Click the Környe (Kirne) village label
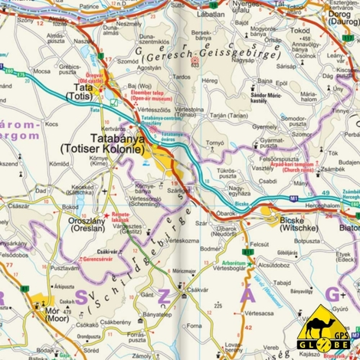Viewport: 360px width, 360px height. [120, 160]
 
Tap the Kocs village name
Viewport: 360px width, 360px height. [52, 123]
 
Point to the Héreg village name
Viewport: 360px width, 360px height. [211, 80]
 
